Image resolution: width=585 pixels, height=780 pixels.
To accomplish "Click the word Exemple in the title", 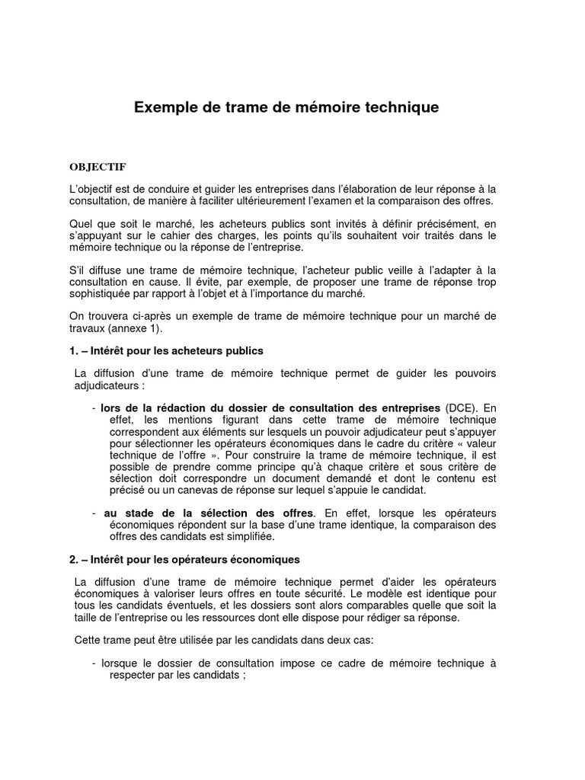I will [x=165, y=107].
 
